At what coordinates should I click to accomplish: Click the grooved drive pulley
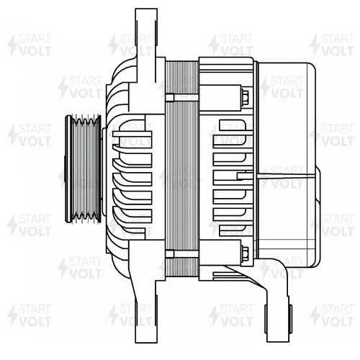pyautogui.click(x=84, y=169)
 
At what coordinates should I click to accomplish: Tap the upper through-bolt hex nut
pyautogui.click(x=245, y=98)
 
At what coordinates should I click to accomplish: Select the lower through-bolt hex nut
pyautogui.click(x=245, y=253)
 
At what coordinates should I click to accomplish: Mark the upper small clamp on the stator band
pyautogui.click(x=170, y=98)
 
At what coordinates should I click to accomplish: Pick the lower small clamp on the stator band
pyautogui.click(x=170, y=253)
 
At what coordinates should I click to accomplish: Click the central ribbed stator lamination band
pyautogui.click(x=182, y=169)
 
